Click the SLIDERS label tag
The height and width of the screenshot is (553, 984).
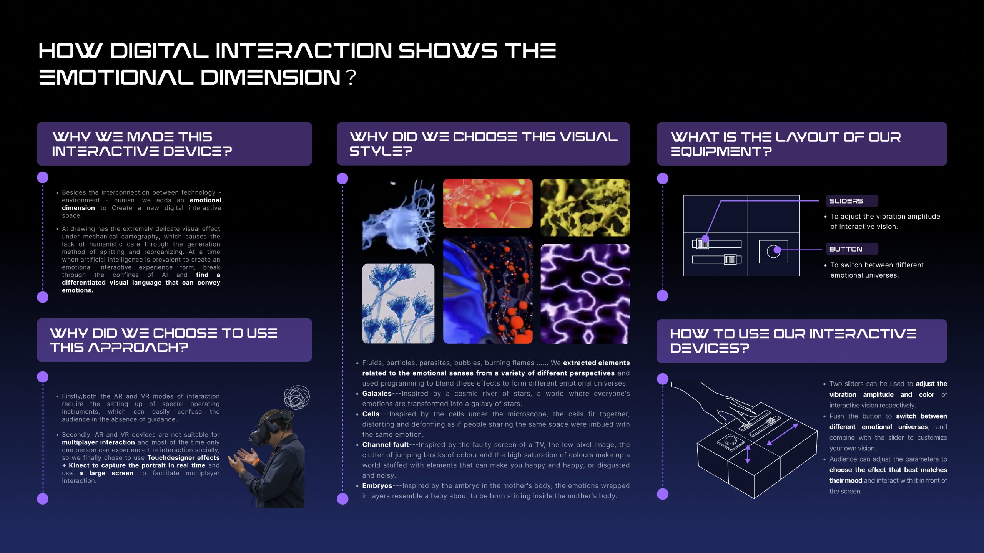tap(852, 201)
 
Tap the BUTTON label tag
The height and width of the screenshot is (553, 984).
tap(852, 249)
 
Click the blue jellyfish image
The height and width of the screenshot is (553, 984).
tap(398, 217)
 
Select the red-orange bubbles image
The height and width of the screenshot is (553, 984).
tap(488, 204)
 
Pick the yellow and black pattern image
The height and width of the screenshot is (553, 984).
tap(585, 207)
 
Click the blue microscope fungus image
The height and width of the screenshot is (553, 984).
tap(398, 303)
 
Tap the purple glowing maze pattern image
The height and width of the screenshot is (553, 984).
tap(585, 294)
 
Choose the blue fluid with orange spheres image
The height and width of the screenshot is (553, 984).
tap(488, 290)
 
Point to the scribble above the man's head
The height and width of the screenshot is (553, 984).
tap(297, 397)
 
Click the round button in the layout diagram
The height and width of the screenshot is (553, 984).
tap(773, 252)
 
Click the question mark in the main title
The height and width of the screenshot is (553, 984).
tap(351, 77)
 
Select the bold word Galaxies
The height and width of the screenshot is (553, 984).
tap(377, 394)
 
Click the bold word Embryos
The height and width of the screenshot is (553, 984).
tap(377, 486)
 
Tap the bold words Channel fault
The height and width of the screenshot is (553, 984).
tap(385, 445)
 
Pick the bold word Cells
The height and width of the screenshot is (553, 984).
tap(371, 414)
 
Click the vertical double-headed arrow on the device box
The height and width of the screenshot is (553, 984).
tap(748, 454)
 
